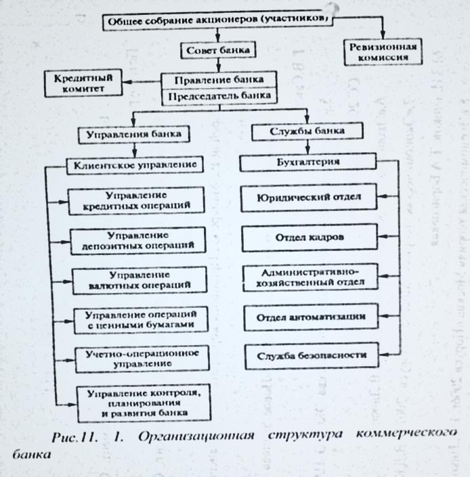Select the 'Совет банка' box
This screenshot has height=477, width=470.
point(215,51)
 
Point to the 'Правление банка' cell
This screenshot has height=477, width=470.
point(215,80)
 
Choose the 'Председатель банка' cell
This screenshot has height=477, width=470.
point(215,95)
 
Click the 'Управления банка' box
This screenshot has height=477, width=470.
point(133,133)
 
